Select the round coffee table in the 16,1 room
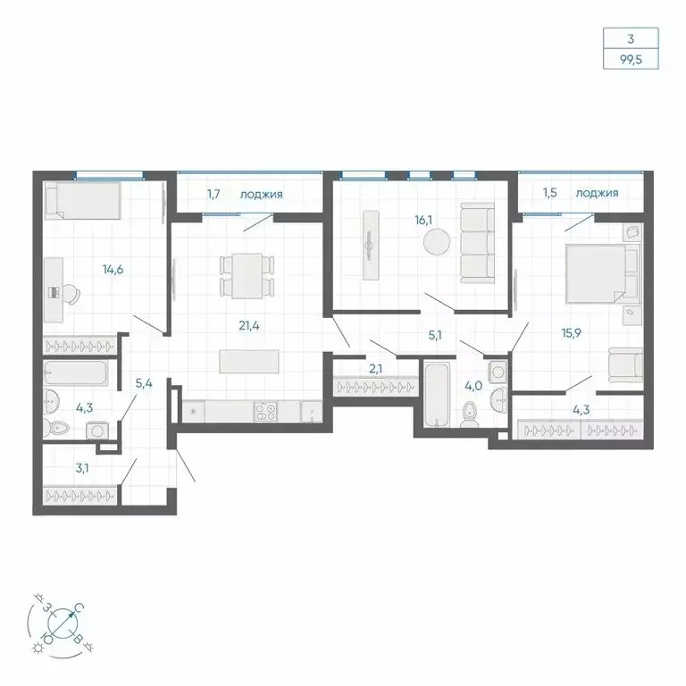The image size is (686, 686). (438, 242)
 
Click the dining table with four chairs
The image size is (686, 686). (246, 275)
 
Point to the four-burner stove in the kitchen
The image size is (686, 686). (265, 412)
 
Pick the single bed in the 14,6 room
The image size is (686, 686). (82, 200)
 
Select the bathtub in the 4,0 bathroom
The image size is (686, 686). (438, 393)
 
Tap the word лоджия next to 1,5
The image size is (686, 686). (598, 192)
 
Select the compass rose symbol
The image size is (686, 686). (61, 619)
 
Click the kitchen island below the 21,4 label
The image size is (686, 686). (249, 361)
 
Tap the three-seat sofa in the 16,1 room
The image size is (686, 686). (477, 240)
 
